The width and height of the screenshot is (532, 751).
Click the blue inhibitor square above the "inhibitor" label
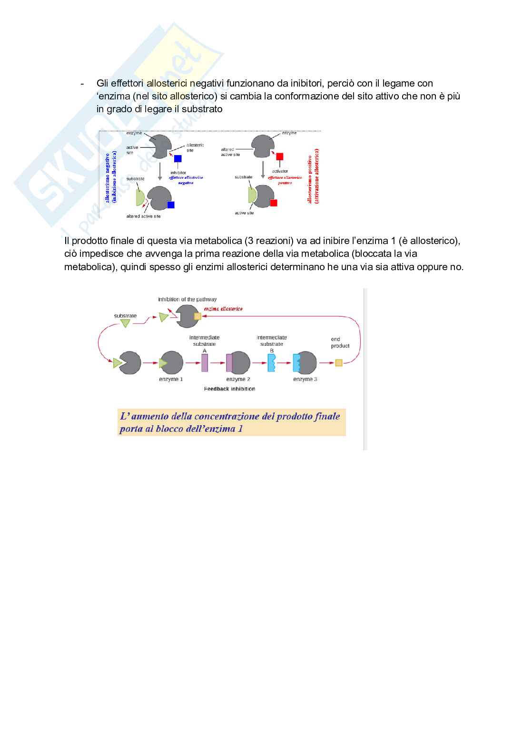[178, 159]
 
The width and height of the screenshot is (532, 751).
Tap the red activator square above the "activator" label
[280, 156]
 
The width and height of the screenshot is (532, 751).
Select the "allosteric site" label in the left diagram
[195, 147]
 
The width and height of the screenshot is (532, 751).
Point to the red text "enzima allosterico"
[223, 309]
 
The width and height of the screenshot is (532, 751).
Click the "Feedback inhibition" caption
[229, 389]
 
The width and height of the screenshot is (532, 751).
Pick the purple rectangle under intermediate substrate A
[205, 363]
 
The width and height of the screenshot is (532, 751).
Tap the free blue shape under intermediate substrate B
[271, 363]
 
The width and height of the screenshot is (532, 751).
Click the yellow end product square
[339, 363]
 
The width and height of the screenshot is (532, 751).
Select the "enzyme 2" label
[238, 380]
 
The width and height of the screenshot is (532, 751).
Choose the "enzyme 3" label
[305, 380]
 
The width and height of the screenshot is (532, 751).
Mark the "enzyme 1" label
[171, 380]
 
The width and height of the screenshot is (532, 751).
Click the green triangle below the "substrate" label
[125, 323]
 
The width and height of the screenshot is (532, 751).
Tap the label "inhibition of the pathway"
[187, 300]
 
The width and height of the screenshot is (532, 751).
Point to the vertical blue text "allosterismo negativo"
[108, 177]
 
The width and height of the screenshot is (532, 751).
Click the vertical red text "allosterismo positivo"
[310, 178]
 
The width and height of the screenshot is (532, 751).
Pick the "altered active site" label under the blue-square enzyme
[143, 216]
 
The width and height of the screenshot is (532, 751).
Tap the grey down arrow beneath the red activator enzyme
[263, 169]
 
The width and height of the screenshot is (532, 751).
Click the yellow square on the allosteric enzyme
[197, 316]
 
